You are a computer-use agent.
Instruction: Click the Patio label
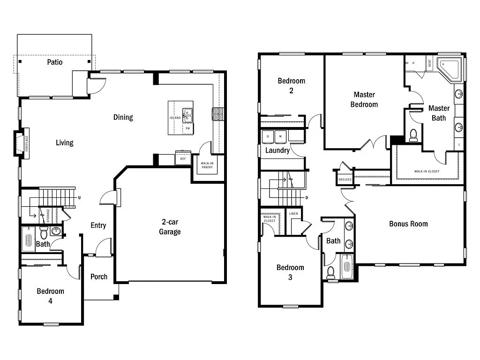tap(54, 62)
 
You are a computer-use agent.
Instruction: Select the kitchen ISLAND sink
tap(187, 112)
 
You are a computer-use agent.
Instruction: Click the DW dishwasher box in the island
tap(187, 128)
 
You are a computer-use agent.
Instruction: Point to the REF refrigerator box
tap(183, 159)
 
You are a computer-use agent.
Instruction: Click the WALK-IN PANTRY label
tap(207, 165)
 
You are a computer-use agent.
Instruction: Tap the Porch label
tap(98, 277)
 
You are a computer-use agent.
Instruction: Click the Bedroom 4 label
tap(50, 295)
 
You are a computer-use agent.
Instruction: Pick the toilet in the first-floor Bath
tap(44, 232)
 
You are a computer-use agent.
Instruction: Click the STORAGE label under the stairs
tap(48, 216)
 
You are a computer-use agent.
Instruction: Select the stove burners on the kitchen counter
tap(218, 114)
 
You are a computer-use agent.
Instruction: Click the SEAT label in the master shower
tap(429, 63)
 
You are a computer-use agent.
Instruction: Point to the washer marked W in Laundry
tap(281, 136)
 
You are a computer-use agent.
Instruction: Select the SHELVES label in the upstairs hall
tap(345, 180)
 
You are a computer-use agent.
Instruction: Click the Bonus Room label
tap(408, 224)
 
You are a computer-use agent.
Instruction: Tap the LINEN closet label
tap(293, 214)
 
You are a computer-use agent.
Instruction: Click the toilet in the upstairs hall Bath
tap(331, 272)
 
